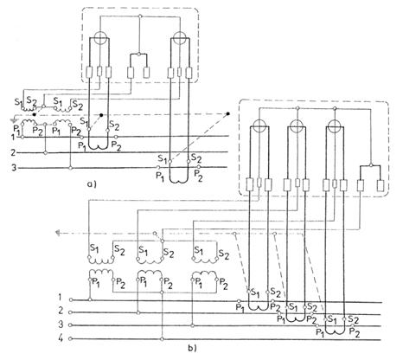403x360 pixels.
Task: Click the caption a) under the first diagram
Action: [x=91, y=183]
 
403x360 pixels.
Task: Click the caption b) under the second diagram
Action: [x=192, y=348]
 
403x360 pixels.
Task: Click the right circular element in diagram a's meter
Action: [x=180, y=38]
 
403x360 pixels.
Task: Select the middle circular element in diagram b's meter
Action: [x=297, y=126]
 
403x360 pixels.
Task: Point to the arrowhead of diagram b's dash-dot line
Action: [x=59, y=233]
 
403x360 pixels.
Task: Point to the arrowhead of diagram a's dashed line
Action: [x=13, y=119]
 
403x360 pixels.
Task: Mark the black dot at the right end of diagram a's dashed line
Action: [x=228, y=114]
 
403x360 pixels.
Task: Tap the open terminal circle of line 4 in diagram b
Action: [x=71, y=339]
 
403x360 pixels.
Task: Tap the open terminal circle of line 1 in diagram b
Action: [x=71, y=300]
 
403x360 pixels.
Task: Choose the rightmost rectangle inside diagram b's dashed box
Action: [x=381, y=185]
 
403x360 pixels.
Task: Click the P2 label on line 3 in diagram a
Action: [x=198, y=174]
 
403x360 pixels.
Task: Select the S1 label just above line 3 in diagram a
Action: [x=163, y=158]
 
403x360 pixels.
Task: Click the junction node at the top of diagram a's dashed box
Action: [x=140, y=16]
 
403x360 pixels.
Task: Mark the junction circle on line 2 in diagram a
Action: [x=45, y=152]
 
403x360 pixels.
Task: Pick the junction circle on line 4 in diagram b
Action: [x=162, y=339]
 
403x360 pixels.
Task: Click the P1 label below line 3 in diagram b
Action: [x=320, y=332]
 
